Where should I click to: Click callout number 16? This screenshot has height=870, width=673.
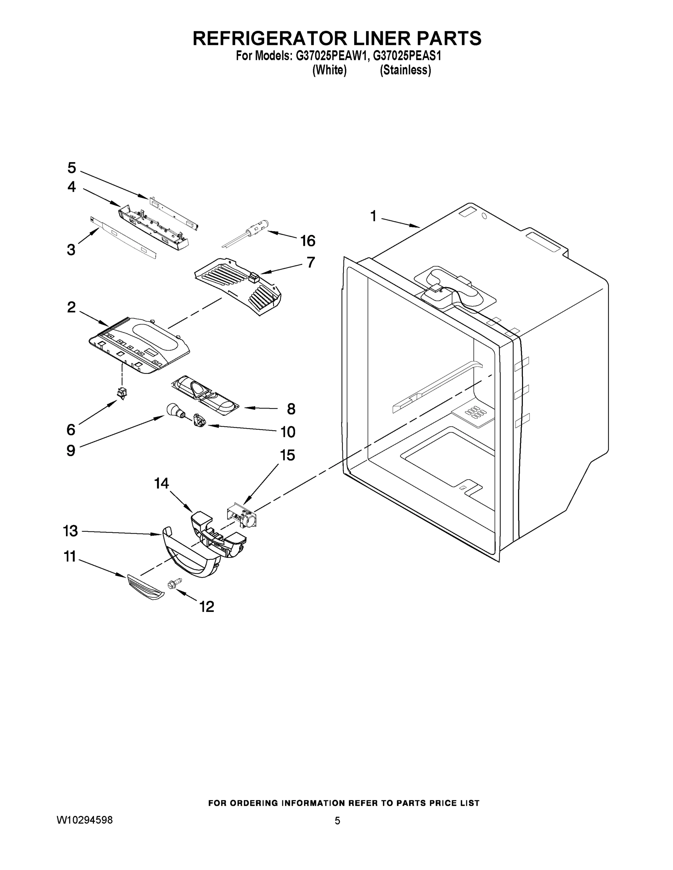(308, 241)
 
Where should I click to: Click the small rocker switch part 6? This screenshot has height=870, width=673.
(122, 393)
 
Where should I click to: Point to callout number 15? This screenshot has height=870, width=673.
(287, 455)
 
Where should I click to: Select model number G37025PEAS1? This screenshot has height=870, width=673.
(407, 56)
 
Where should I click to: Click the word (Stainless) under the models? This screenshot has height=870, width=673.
(405, 70)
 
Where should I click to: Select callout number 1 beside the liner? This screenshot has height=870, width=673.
(373, 216)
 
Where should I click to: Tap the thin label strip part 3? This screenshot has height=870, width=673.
(124, 238)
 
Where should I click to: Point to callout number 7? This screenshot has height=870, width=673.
(311, 262)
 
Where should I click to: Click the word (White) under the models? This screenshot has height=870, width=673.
(329, 70)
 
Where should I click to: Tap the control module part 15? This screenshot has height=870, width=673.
(243, 517)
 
